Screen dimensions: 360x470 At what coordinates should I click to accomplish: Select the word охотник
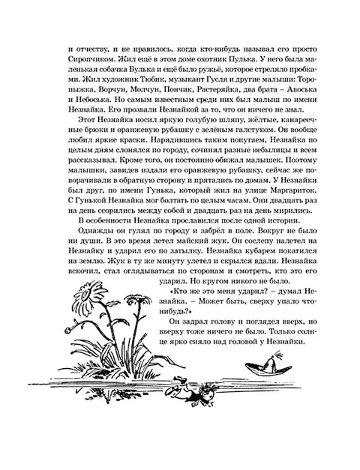tap(247, 57)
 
